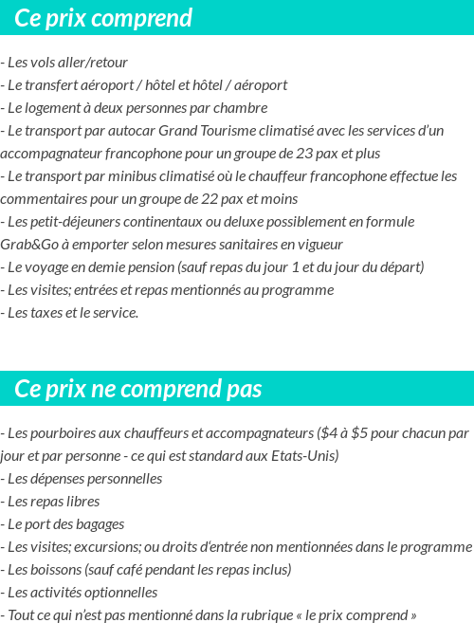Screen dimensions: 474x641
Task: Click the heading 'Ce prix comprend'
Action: point(103,18)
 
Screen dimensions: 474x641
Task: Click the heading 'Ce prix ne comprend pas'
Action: point(138,389)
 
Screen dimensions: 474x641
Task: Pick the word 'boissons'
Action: point(54,570)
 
